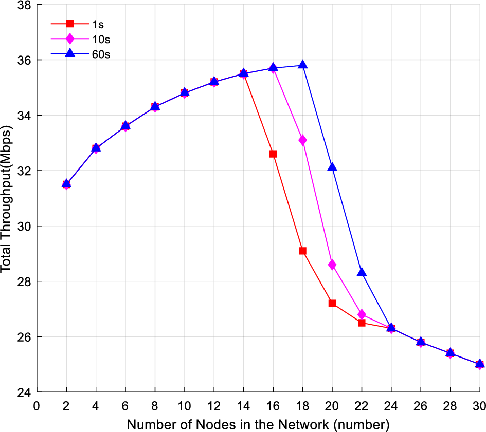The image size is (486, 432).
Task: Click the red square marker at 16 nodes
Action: (x=273, y=154)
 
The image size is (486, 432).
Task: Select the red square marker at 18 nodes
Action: (x=302, y=251)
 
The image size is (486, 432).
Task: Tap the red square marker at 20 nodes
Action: (x=332, y=304)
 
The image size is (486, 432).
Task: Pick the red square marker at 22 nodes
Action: (x=362, y=323)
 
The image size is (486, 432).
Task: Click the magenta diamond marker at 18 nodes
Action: (x=302, y=140)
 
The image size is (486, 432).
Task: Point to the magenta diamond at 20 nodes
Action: (x=332, y=265)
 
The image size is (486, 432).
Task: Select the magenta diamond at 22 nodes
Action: (x=362, y=314)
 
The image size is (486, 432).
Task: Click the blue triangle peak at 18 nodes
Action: (x=302, y=65)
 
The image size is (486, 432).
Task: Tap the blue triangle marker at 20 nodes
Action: (x=332, y=167)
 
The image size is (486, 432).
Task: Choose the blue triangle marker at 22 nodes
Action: (x=362, y=272)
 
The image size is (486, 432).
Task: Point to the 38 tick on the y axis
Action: (x=24, y=5)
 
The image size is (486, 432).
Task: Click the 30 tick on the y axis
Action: (x=24, y=227)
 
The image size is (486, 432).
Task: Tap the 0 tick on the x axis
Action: (x=37, y=405)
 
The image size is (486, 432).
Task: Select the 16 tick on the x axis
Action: (x=273, y=405)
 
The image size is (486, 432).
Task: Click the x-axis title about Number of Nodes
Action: (x=258, y=424)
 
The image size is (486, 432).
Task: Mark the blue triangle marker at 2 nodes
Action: (x=66, y=183)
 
